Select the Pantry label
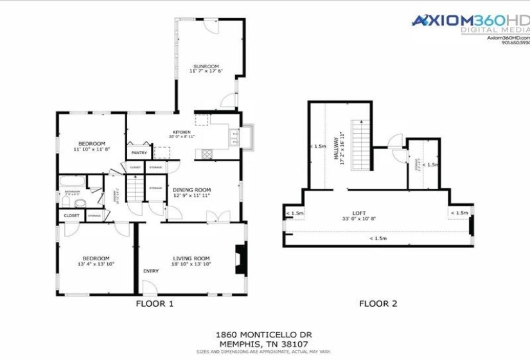pos(139,153)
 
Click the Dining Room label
pos(191,190)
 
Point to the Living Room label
pos(191,258)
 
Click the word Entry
pos(151,271)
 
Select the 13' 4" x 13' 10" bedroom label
pos(93,258)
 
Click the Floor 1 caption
pos(155,303)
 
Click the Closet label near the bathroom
pos(71,215)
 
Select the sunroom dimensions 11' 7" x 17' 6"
pos(206,71)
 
